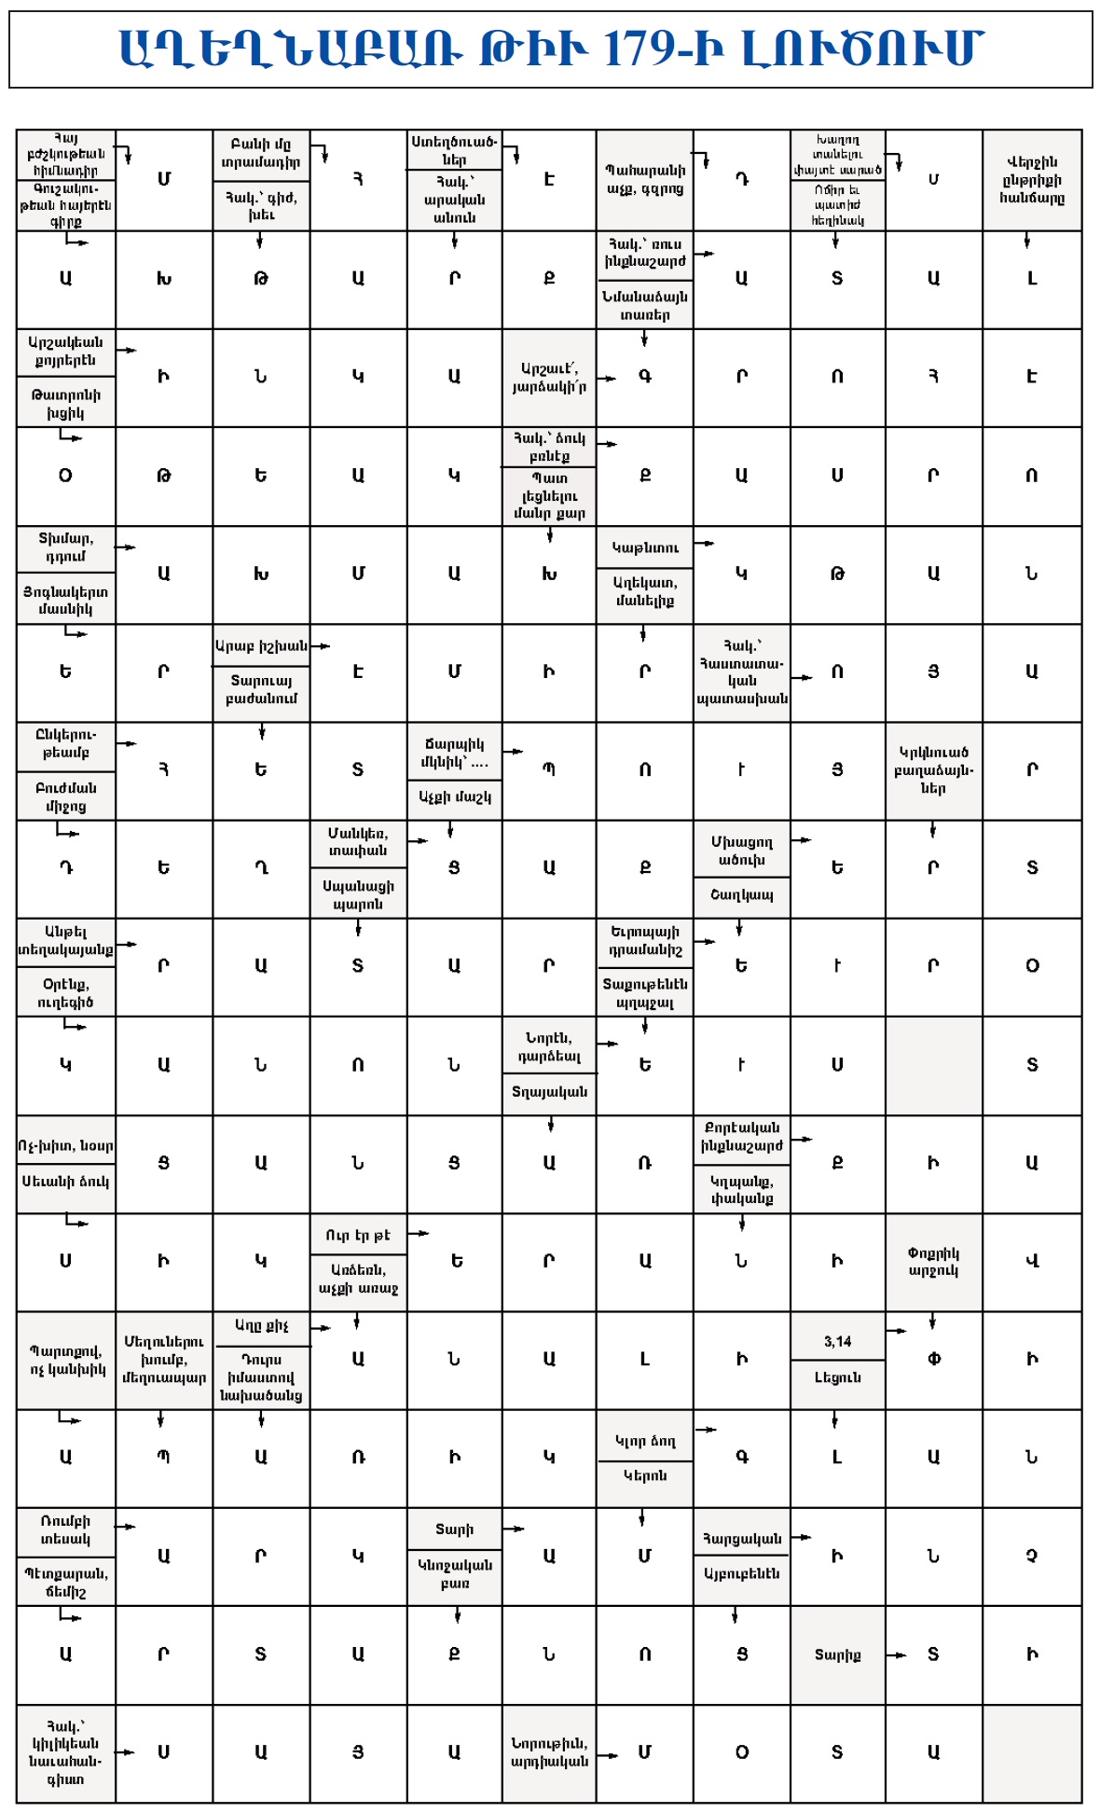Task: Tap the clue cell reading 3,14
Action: pos(837,1341)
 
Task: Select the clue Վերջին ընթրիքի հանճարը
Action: pos(1031,179)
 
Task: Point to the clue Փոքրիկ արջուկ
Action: pos(932,1262)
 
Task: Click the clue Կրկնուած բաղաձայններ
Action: pos(932,769)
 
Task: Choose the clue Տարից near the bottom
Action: pos(837,1654)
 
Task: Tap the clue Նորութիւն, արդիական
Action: pos(549,1751)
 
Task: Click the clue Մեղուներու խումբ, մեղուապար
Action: pos(164,1359)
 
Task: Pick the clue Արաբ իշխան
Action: pos(261,645)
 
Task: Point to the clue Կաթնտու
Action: pos(645,547)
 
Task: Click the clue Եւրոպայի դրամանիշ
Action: pos(645,940)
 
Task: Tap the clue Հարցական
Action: pos(742,1538)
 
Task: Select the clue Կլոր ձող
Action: pos(645,1440)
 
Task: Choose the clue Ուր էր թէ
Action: pos(358,1235)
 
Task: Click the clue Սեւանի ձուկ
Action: pos(65,1182)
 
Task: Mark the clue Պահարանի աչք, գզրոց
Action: pos(645,179)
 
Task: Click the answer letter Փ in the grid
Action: pos(933,1359)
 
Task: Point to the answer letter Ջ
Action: pos(1031,1556)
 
